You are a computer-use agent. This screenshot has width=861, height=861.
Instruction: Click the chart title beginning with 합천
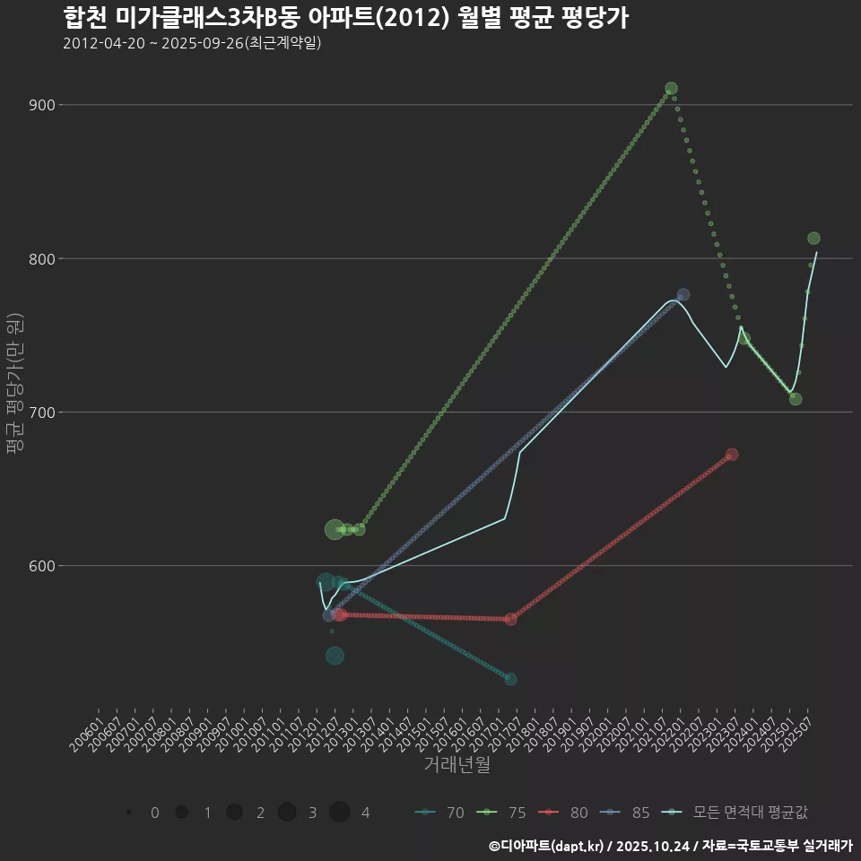point(345,18)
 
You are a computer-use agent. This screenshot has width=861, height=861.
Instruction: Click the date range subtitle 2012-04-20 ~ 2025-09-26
point(192,43)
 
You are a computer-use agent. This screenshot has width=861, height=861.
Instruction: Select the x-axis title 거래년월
point(457,765)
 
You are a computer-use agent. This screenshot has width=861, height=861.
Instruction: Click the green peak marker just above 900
point(671,89)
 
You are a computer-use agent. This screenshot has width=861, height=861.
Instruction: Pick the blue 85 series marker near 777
point(683,294)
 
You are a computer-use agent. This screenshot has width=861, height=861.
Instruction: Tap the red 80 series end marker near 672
point(732,455)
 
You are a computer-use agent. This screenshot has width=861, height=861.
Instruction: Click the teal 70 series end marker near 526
point(510,679)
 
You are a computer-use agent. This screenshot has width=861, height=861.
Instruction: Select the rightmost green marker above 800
point(813,239)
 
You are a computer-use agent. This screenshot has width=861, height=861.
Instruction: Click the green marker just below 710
point(796,399)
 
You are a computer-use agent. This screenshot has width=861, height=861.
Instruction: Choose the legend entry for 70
point(440,813)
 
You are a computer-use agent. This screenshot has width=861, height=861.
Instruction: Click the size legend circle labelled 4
point(339,813)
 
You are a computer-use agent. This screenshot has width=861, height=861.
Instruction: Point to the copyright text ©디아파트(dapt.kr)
point(547,846)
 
